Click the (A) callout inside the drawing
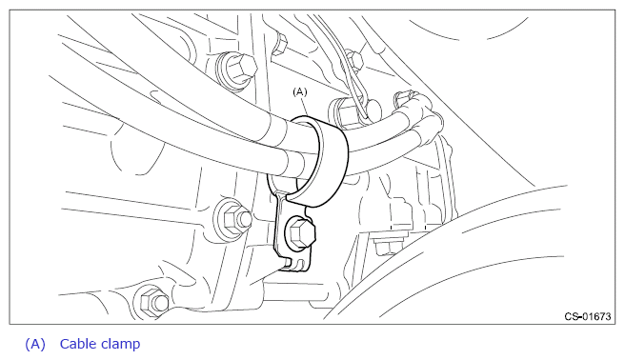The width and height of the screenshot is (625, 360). tap(300, 92)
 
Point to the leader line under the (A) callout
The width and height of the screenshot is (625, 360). tap(306, 107)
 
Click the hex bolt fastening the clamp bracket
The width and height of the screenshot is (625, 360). tap(300, 234)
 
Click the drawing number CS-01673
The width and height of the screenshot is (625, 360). tap(588, 316)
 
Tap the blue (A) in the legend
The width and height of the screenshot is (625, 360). tap(35, 344)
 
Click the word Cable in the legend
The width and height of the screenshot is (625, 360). tap(78, 344)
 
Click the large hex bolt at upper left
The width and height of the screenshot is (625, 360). tap(236, 69)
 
